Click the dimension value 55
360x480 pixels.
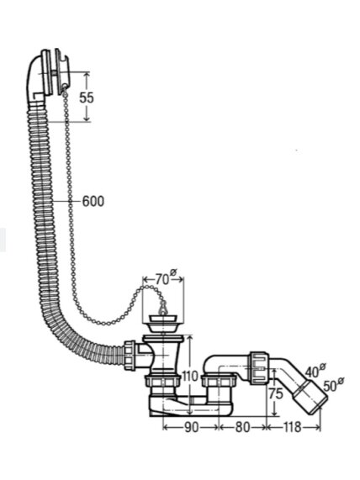point(87,98)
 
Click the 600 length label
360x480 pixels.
point(93,202)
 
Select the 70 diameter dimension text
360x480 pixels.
point(162,279)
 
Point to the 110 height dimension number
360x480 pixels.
point(190,377)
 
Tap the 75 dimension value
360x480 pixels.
point(275,393)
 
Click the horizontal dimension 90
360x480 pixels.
point(191,427)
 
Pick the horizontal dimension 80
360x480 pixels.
point(242,427)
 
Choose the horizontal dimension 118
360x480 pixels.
point(292,427)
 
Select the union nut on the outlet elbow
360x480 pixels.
point(260,368)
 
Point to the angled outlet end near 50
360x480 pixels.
point(310,397)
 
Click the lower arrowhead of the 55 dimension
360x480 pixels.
point(87,118)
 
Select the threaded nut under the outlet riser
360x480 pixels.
point(219,382)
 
